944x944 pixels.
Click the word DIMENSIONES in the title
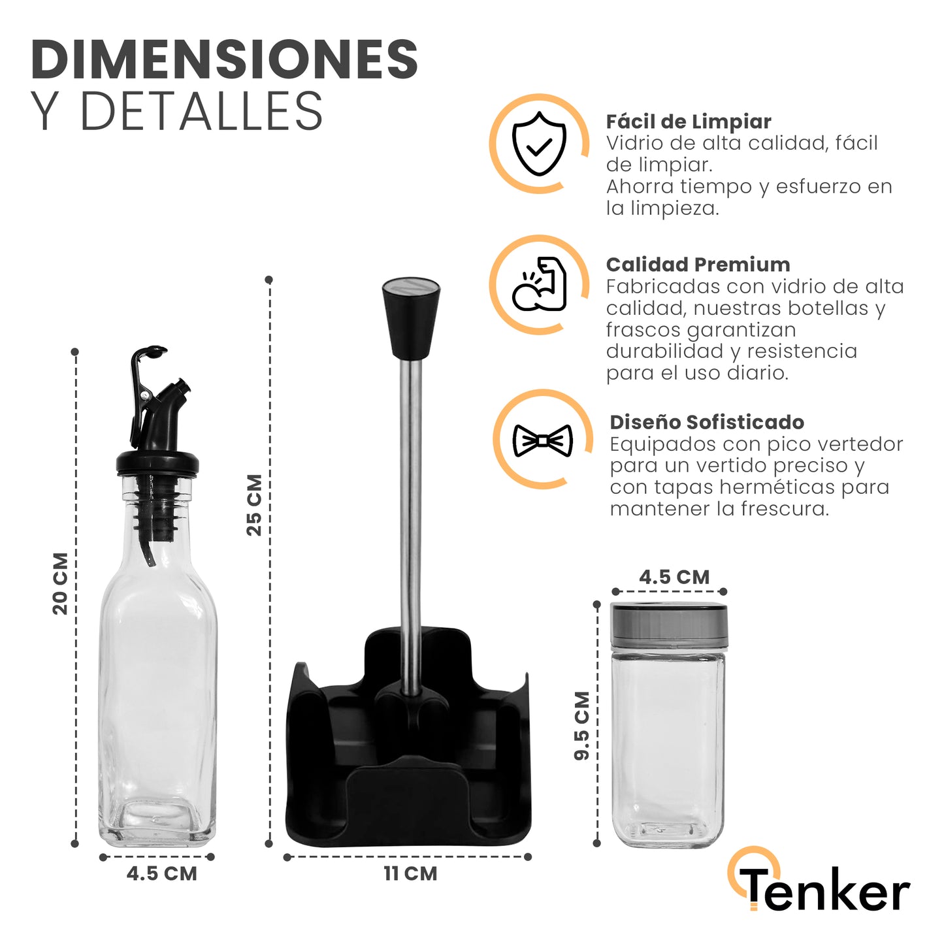(x=224, y=59)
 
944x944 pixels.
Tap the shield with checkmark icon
(x=539, y=144)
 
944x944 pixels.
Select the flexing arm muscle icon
(x=539, y=284)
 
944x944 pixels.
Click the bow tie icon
(x=542, y=440)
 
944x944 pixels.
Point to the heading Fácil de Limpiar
(x=689, y=122)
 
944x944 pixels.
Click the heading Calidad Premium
(x=698, y=265)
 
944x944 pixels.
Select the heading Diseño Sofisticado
(x=706, y=422)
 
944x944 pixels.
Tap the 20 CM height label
(x=60, y=583)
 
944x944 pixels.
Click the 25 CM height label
(x=254, y=504)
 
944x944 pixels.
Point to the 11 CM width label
(x=410, y=873)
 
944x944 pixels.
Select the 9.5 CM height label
(x=581, y=726)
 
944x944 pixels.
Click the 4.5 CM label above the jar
(x=674, y=577)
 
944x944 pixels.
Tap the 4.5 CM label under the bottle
(x=161, y=873)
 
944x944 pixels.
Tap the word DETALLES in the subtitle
(x=201, y=110)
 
